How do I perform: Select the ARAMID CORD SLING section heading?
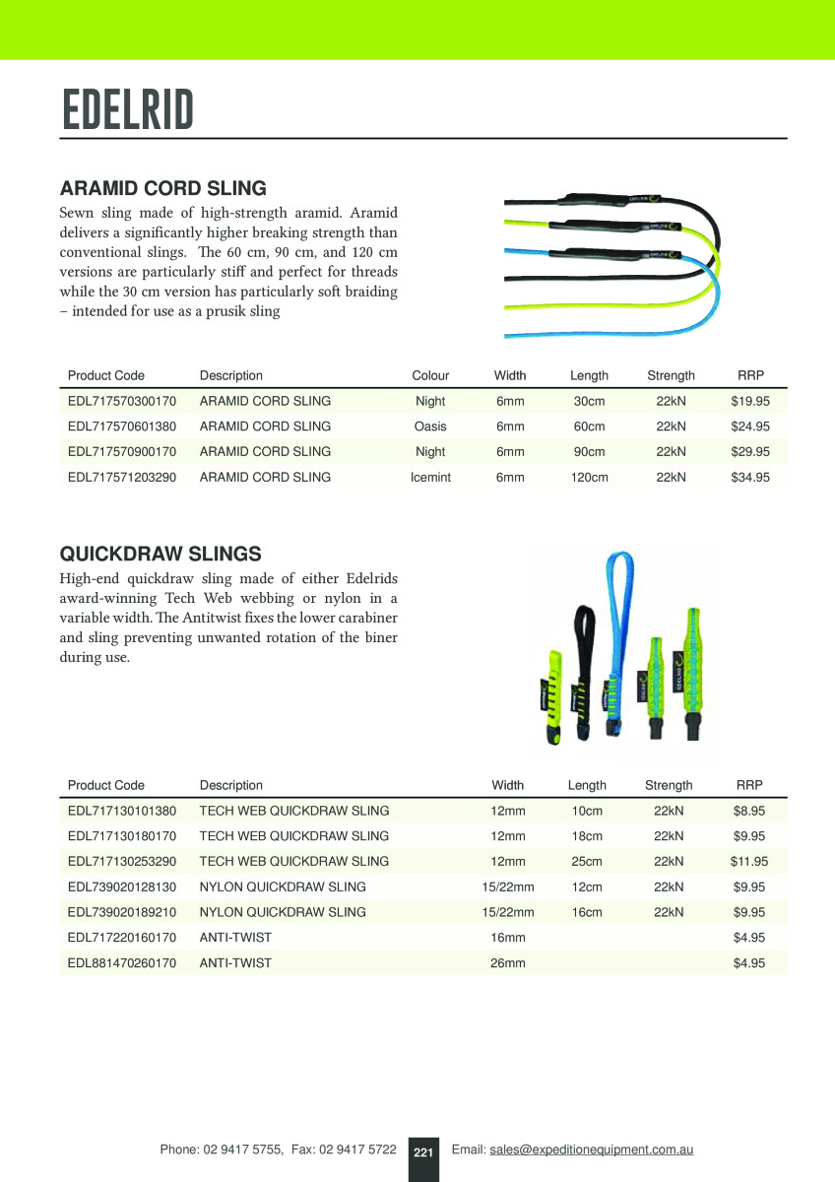[163, 188]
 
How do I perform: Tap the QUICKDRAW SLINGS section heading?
[161, 554]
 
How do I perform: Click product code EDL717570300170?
[122, 401]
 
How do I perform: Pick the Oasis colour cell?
[430, 427]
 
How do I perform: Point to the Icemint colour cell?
[430, 478]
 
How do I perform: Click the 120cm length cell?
[589, 478]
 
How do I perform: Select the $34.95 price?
[750, 478]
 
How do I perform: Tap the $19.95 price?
[750, 401]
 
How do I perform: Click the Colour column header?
[430, 375]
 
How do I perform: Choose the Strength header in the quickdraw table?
[669, 785]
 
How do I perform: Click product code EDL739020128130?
[122, 886]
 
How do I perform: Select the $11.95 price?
[749, 861]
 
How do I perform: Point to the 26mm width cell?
[508, 963]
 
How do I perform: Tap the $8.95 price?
[749, 811]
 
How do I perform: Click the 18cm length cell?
[587, 836]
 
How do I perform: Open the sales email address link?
[592, 1149]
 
